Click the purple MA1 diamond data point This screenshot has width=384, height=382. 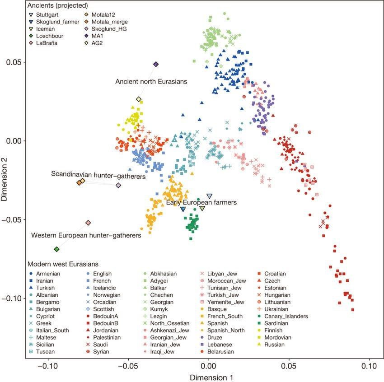click(156, 65)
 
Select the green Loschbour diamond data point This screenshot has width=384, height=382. click(56, 249)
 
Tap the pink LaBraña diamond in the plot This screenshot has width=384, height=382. click(88, 223)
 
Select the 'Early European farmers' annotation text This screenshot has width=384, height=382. click(201, 203)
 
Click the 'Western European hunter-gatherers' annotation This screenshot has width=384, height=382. click(86, 235)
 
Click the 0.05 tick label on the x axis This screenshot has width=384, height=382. click(289, 365)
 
